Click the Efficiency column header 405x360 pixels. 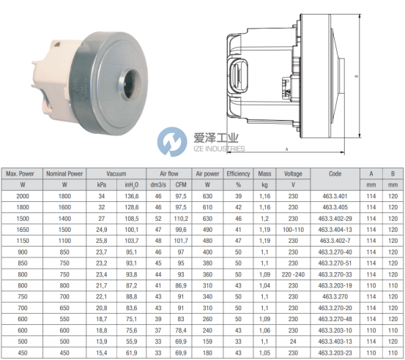point(238,173)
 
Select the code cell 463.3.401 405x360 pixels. point(335,196)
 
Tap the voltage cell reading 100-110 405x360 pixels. point(293,230)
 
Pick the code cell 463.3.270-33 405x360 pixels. point(335,274)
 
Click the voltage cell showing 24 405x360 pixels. point(293,342)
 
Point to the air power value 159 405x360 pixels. point(207,342)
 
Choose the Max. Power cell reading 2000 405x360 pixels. point(23,196)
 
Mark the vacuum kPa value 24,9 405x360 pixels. point(102,230)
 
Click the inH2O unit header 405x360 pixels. point(132,185)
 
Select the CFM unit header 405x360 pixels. point(181,185)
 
